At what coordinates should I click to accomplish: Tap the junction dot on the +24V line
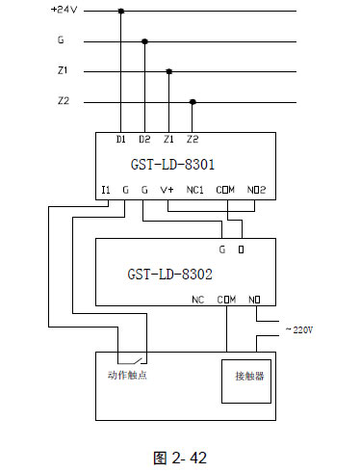click(x=121, y=12)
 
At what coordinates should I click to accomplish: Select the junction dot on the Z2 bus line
click(x=193, y=101)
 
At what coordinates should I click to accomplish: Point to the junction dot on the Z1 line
click(x=169, y=71)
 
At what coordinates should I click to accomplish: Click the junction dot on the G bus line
click(x=145, y=41)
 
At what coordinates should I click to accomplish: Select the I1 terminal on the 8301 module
click(x=106, y=190)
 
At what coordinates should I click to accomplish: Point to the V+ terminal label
click(x=167, y=190)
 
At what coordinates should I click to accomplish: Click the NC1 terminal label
click(x=196, y=190)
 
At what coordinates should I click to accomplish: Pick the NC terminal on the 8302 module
click(x=198, y=300)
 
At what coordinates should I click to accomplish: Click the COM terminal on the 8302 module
click(x=227, y=300)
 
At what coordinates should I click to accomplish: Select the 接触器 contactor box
click(x=248, y=375)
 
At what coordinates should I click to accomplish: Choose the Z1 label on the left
click(x=64, y=71)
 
